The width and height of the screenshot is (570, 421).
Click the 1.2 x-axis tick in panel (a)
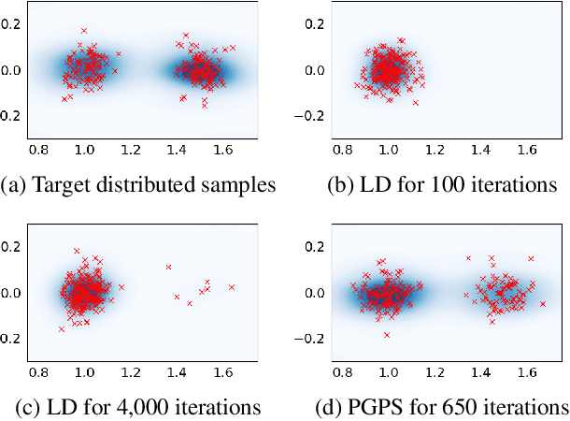point(130,149)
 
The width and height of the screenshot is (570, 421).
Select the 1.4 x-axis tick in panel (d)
point(482,371)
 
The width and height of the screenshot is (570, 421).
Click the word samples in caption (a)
point(238,185)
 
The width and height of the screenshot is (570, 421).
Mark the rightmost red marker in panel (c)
point(231,287)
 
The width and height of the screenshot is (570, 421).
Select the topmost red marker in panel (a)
point(84,31)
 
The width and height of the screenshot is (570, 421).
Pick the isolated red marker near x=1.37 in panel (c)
point(168,267)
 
